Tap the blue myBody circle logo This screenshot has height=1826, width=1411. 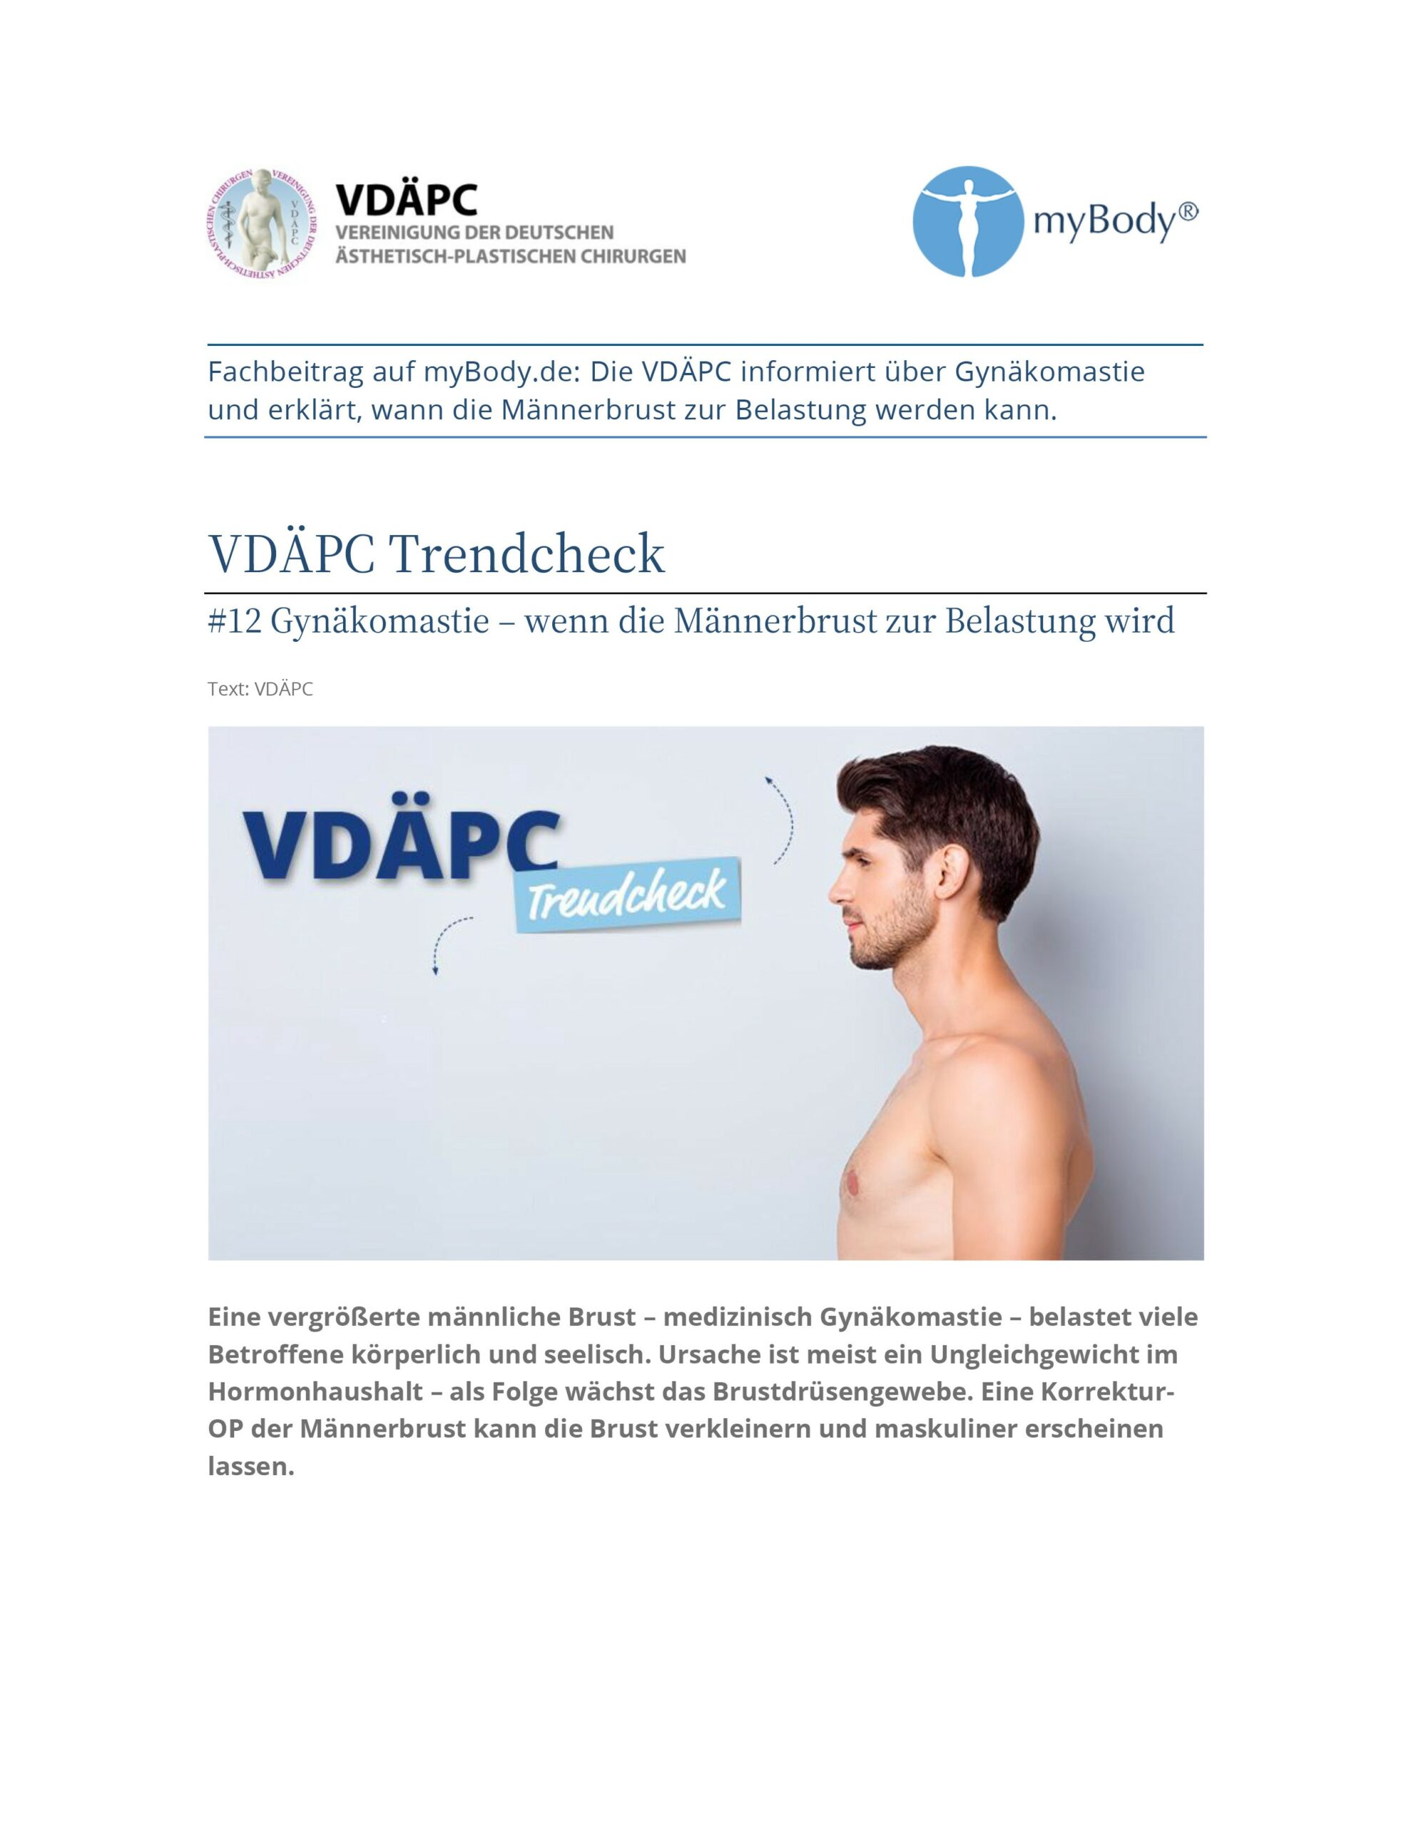click(x=968, y=222)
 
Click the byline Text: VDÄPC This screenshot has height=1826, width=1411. click(x=260, y=689)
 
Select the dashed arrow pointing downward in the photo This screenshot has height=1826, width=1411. click(x=446, y=945)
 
